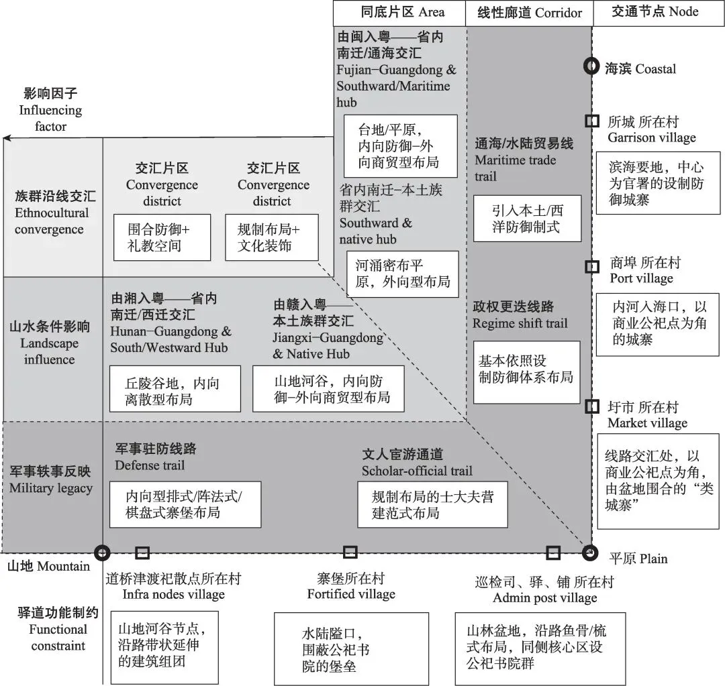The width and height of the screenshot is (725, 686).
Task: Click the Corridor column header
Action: click(x=528, y=12)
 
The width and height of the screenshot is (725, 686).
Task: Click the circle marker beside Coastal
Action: click(x=591, y=66)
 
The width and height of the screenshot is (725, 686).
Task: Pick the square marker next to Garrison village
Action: click(x=591, y=121)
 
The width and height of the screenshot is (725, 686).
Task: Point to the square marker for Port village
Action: click(x=591, y=266)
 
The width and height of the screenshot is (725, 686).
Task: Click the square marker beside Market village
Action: click(x=591, y=406)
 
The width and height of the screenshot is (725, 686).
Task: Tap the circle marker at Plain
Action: click(x=590, y=553)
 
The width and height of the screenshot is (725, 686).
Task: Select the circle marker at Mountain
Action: click(x=102, y=553)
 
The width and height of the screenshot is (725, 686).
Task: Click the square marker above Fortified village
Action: click(x=350, y=552)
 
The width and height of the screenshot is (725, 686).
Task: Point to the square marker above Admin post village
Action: click(x=553, y=552)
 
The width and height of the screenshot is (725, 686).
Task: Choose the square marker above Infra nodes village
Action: click(x=142, y=552)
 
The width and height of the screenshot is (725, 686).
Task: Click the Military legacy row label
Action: click(x=51, y=480)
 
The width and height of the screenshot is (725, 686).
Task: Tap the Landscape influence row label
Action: click(x=49, y=343)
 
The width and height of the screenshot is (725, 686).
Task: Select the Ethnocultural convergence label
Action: click(x=52, y=213)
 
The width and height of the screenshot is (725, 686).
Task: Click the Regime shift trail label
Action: click(x=520, y=315)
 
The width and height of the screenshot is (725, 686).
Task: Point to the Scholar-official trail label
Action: click(x=417, y=463)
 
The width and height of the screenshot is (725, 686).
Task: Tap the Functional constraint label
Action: click(x=58, y=629)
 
